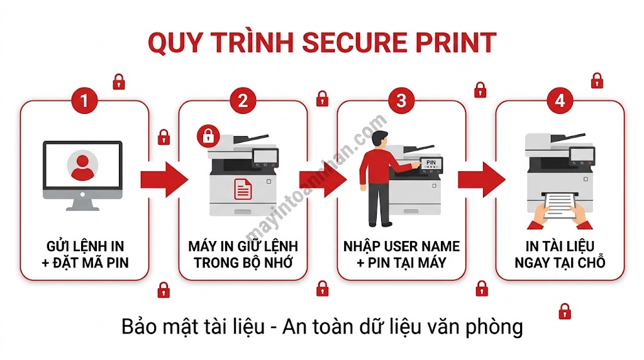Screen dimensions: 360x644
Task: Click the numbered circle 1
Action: coord(85,101)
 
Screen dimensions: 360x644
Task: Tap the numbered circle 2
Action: coord(243,101)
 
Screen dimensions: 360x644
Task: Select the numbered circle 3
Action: coord(402,101)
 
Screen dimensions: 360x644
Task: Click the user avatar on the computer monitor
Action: coord(82,164)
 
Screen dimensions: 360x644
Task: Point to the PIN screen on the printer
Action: coord(430,164)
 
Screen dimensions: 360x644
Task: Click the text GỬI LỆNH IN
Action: coord(85,246)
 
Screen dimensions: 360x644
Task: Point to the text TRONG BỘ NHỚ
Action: coord(243,262)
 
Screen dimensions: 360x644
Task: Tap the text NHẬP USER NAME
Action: coord(402,246)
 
